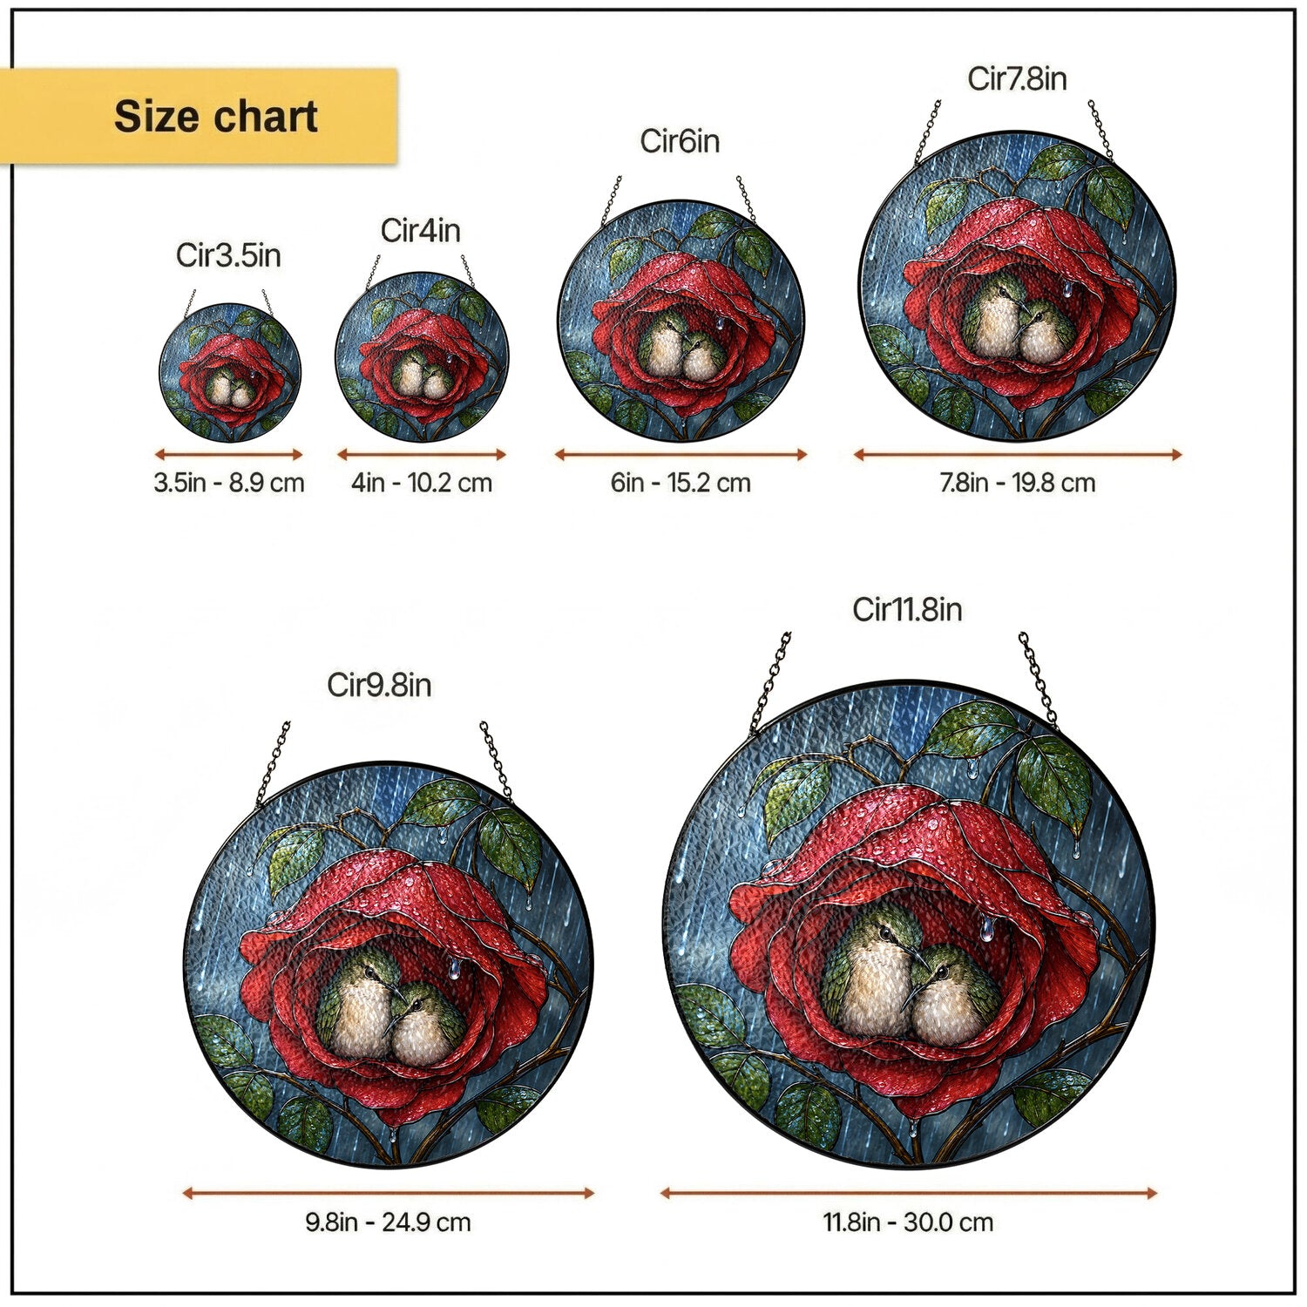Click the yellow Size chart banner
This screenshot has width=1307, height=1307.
coord(199,116)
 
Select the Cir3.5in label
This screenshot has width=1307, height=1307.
coord(228,255)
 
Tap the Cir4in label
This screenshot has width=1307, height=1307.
coord(420,230)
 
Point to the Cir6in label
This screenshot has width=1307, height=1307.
coord(680,141)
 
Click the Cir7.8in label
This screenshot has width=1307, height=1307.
coord(1017,78)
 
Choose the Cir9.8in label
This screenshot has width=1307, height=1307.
coord(379,685)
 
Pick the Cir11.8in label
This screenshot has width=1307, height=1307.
coord(907,609)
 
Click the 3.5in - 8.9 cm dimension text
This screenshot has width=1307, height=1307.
coord(229,483)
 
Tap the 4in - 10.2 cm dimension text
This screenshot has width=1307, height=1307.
coord(422,483)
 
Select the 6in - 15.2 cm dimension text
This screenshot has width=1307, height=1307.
coord(681,483)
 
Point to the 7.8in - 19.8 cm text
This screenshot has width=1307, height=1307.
coord(1017,483)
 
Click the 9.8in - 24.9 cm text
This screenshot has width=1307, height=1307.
coord(388,1222)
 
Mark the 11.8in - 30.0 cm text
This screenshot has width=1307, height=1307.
coord(908,1222)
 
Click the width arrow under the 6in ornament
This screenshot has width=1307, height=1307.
coord(681,454)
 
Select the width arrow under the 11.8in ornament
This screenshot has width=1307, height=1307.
coord(908,1193)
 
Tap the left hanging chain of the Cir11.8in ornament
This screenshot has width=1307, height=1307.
coord(770,681)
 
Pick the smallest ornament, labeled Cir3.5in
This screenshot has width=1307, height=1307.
coord(230,372)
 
